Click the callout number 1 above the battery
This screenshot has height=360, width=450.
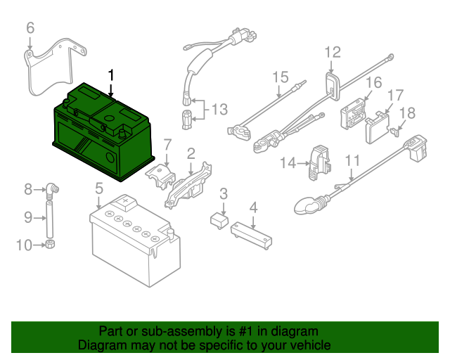tap(110, 74)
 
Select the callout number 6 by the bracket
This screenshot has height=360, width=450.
tap(30, 28)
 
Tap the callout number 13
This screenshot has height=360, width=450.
tap(219, 110)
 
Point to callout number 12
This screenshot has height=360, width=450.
tap(332, 52)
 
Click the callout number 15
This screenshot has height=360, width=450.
tap(281, 77)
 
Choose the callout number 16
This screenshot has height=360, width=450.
tap(373, 82)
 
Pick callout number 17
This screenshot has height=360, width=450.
tap(395, 95)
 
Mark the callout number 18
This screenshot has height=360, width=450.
tap(407, 112)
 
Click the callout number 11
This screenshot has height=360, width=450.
tap(352, 160)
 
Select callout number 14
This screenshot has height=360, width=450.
tap(289, 163)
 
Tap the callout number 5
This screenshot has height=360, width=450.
tap(99, 188)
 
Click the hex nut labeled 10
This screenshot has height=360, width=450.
tap(51, 245)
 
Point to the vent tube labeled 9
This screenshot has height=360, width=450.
tap(51, 217)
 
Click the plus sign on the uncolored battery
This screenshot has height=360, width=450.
tap(126, 202)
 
